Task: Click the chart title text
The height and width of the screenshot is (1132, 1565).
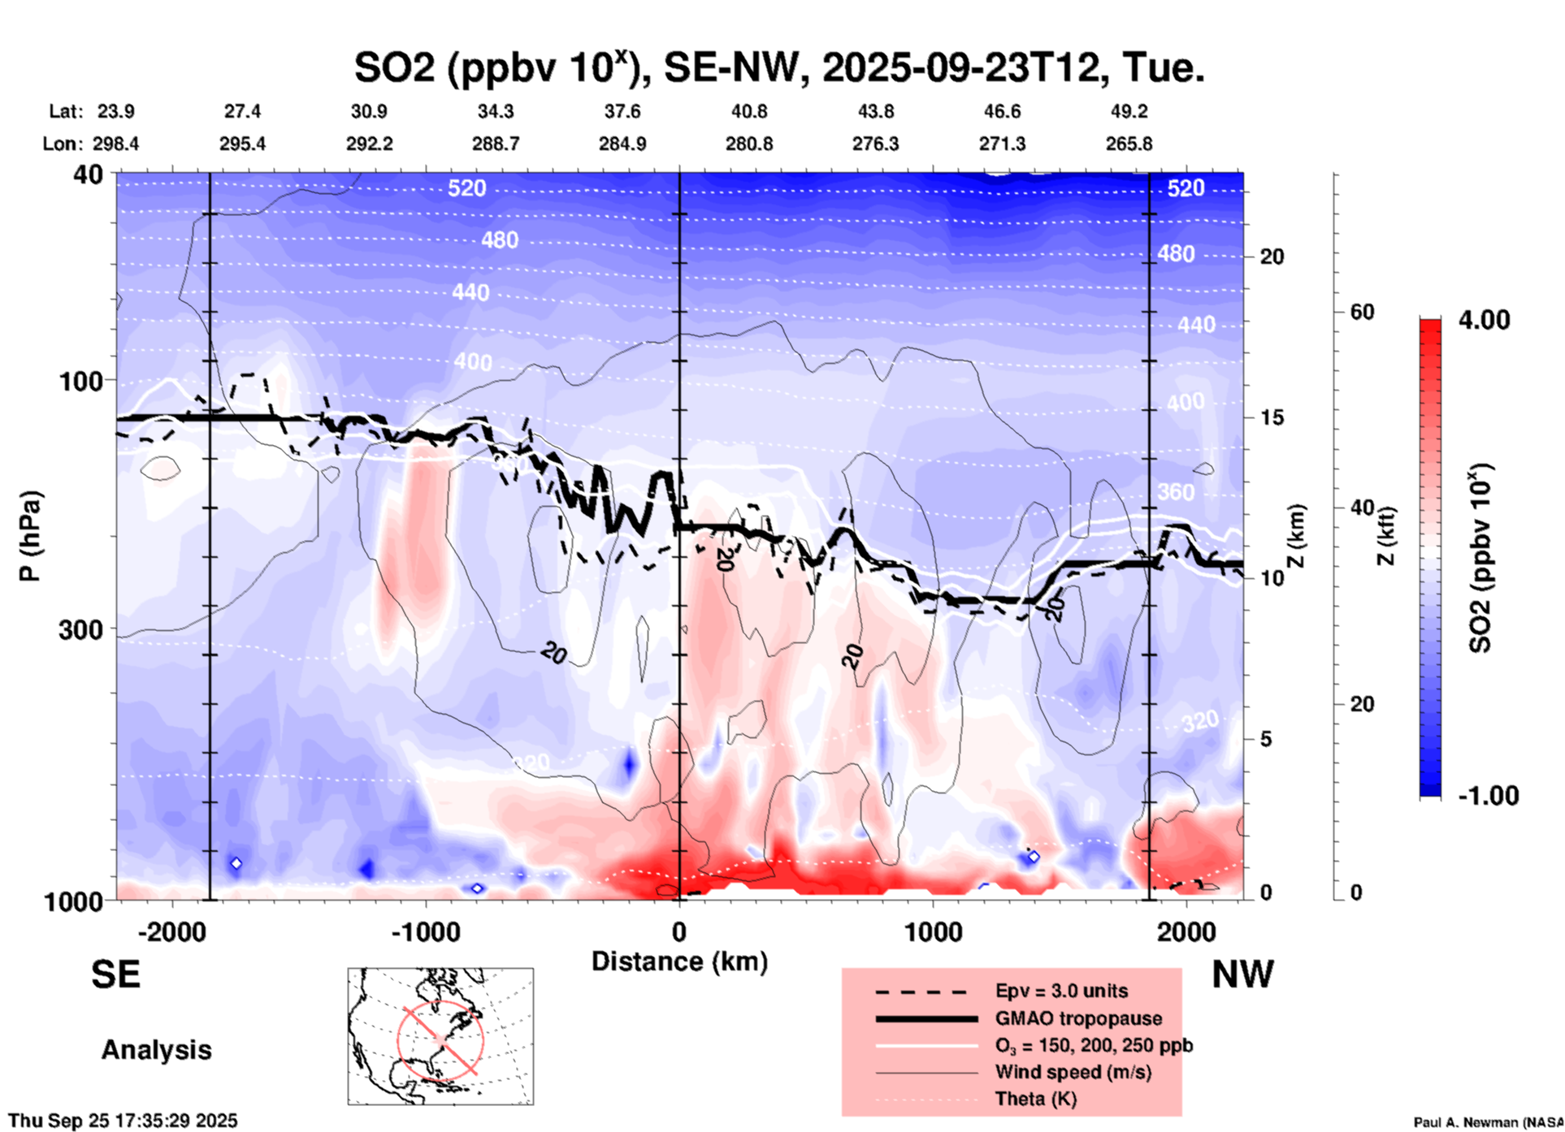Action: (778, 67)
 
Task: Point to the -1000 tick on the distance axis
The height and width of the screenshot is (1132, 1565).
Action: (426, 931)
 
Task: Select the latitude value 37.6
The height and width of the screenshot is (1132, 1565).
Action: (622, 111)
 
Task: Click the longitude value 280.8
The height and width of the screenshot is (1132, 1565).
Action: (749, 145)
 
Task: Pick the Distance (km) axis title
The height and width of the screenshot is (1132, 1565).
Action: (679, 961)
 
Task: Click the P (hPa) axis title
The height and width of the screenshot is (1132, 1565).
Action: (30, 536)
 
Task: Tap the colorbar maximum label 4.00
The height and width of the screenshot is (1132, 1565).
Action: (1484, 320)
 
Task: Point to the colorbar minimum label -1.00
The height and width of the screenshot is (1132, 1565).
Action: (1488, 796)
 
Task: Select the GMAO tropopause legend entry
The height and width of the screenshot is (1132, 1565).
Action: (1078, 1018)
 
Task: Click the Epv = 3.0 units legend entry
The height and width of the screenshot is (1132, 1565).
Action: (1061, 991)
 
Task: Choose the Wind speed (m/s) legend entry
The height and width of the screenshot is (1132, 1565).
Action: (1073, 1072)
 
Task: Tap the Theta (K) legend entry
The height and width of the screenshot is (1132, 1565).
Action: (1035, 1099)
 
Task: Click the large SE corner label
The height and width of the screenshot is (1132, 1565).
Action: (116, 974)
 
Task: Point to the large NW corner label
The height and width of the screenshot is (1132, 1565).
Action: (1242, 974)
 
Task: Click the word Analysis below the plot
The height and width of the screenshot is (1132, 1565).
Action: (156, 1050)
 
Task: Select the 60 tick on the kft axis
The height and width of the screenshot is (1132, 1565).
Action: (1362, 312)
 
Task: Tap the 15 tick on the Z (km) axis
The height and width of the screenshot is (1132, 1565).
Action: (1272, 417)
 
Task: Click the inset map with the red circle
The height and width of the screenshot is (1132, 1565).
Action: (440, 1036)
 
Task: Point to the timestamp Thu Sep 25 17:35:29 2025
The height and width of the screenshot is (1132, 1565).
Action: (123, 1121)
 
